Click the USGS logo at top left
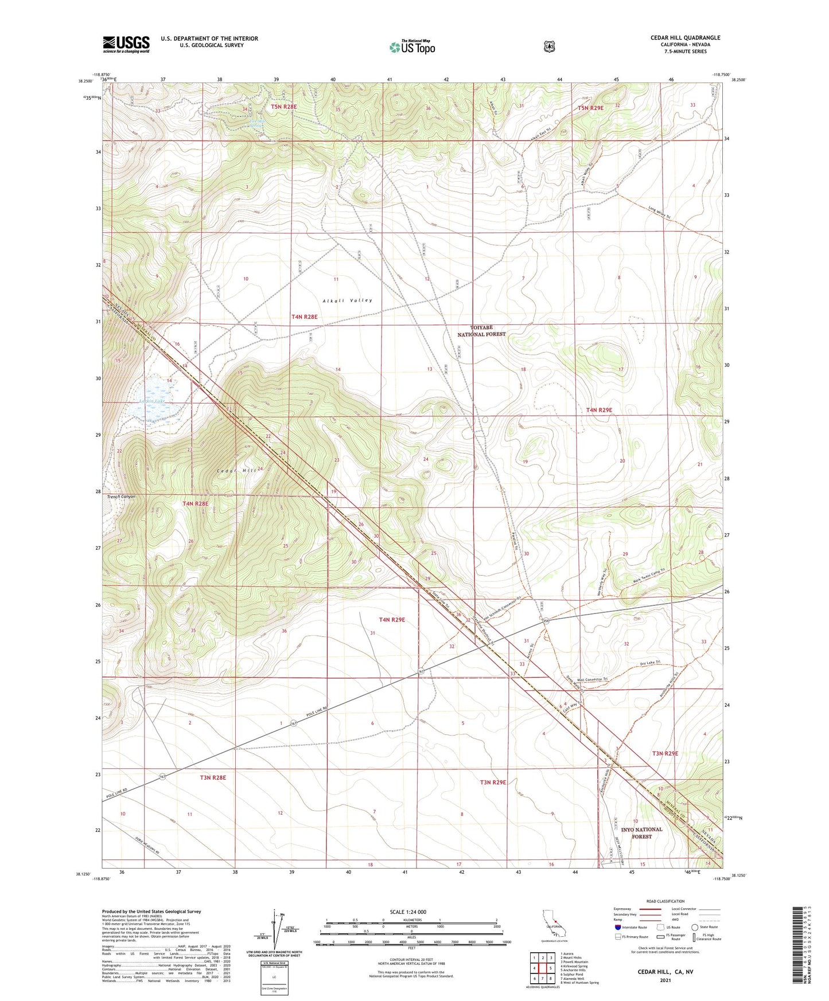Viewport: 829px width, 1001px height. click(x=126, y=44)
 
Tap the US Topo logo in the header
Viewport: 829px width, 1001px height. click(x=412, y=47)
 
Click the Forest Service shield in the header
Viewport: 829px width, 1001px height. click(x=549, y=46)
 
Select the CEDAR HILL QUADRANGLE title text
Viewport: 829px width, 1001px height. click(x=682, y=38)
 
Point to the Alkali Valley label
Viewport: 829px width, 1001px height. click(x=347, y=300)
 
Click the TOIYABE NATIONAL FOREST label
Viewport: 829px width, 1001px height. click(x=481, y=331)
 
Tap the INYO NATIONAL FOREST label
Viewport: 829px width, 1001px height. click(x=641, y=832)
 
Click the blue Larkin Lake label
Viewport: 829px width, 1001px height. click(x=152, y=401)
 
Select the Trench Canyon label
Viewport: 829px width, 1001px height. click(x=121, y=496)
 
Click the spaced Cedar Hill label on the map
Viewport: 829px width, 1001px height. click(x=236, y=470)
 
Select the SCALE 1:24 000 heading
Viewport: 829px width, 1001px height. click(x=408, y=912)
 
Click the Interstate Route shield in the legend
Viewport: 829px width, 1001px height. click(x=617, y=927)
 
